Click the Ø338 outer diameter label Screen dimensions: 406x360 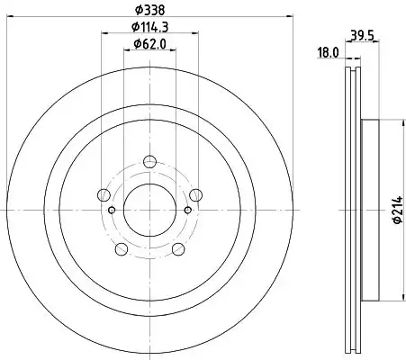pos(149,10)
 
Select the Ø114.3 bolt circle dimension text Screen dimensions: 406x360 pos(149,27)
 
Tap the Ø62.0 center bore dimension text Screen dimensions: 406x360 pos(149,44)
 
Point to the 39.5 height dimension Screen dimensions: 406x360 pos(362,36)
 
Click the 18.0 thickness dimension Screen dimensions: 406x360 pos(328,53)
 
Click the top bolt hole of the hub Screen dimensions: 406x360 pos(149,162)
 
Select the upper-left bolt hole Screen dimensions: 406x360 pos(104,195)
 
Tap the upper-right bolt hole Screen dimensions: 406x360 pos(195,195)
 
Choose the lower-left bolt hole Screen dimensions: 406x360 pos(122,249)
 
